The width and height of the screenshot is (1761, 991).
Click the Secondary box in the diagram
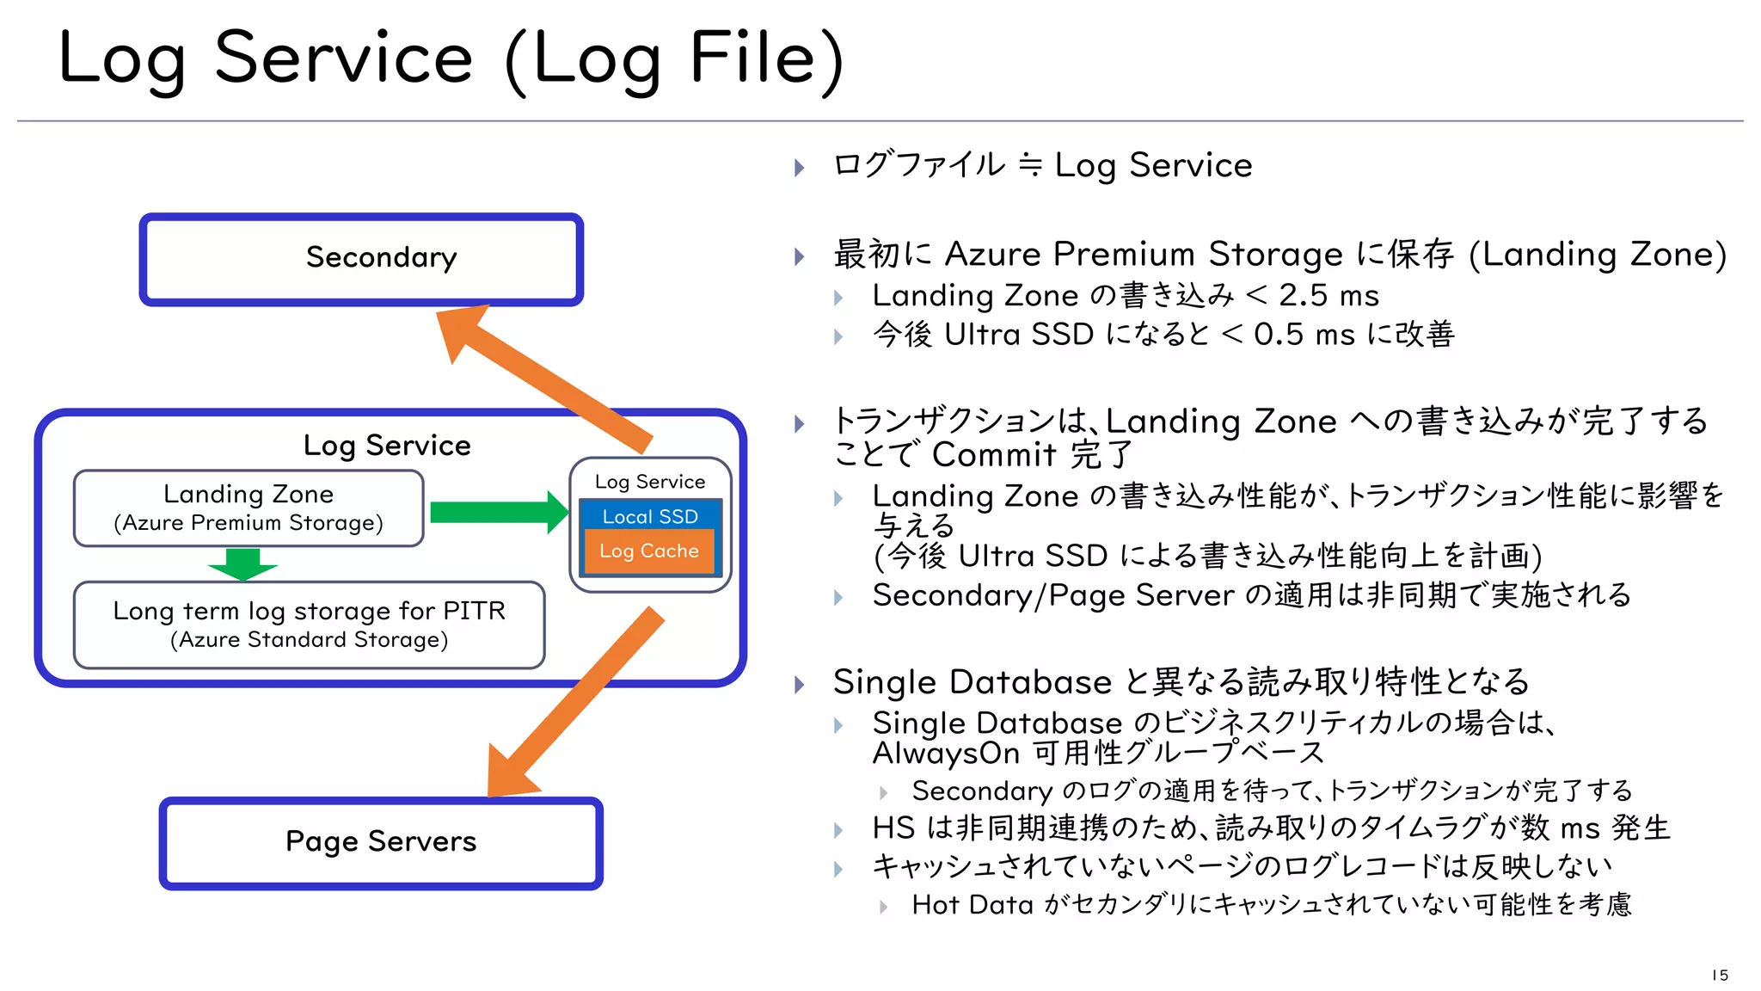361,259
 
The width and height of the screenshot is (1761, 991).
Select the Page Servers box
381,842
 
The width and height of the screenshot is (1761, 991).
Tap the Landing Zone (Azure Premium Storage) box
249,508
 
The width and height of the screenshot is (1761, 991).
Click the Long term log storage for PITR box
309,625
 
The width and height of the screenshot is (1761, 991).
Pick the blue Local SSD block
650,515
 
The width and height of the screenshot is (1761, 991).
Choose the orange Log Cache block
649,551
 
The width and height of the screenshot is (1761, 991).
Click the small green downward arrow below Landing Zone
242,564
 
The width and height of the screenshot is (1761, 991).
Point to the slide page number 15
1719,975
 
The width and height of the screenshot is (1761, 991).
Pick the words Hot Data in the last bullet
972,905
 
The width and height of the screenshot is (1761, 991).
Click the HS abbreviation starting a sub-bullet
893,828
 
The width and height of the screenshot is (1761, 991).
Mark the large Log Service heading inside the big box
387,446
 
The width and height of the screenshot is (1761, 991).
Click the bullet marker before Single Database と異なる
800,685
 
